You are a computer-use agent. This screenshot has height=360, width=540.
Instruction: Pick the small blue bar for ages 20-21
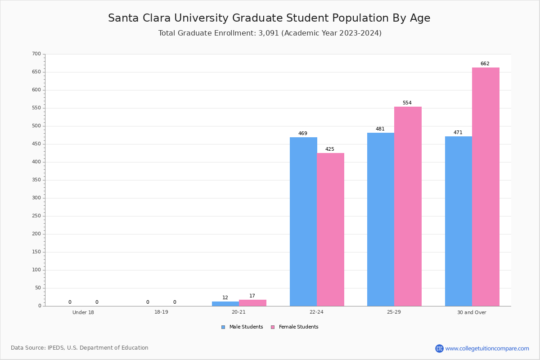click(225, 304)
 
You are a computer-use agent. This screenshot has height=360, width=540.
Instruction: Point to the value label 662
click(485, 64)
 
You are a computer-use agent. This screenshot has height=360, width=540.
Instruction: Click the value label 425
click(330, 149)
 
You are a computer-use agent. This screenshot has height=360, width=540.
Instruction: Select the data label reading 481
click(380, 129)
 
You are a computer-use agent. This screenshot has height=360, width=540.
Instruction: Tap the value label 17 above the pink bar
click(252, 296)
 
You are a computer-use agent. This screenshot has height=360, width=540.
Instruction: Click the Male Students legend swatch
click(223, 327)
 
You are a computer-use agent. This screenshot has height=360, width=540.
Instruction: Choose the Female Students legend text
click(298, 327)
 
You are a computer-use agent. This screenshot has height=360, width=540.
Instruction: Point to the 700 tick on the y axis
click(36, 54)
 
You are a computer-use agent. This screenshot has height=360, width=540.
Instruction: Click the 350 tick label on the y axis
click(36, 180)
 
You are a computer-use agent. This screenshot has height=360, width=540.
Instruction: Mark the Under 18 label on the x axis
click(83, 312)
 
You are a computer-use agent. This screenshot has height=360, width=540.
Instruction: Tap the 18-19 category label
click(161, 312)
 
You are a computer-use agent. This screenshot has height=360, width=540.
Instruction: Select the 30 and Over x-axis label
click(472, 312)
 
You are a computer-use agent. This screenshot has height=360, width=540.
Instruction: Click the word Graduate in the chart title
click(253, 18)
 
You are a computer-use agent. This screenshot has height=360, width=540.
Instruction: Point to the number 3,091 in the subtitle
click(269, 33)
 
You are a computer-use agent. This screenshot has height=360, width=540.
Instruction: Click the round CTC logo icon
click(439, 348)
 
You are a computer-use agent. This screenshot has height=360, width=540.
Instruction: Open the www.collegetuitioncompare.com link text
click(487, 348)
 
